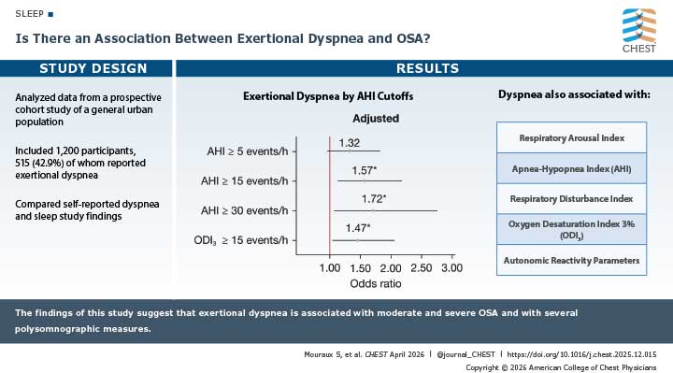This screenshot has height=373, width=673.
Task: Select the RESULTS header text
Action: pos(427,68)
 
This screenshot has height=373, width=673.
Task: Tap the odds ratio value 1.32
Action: pos(349,143)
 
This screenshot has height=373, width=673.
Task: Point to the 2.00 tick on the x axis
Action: pos(390,268)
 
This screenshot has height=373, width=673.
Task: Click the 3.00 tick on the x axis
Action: pos(451,268)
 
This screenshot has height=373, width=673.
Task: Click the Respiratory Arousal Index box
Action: pos(572,137)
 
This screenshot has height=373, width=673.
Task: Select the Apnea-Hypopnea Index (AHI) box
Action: pos(572,168)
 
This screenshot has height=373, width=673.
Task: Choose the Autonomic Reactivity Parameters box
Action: pos(572,260)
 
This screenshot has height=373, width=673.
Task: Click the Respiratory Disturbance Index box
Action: pos(572,198)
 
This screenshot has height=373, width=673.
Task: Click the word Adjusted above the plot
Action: pos(376,119)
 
